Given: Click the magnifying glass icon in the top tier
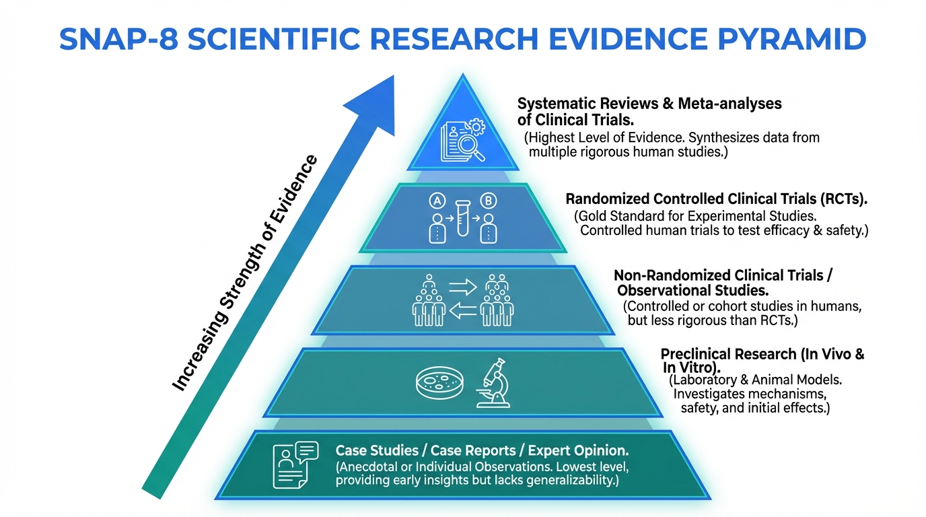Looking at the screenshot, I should pos(473,147).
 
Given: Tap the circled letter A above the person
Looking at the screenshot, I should pos(438,200).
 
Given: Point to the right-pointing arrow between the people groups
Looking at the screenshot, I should pos(462,287).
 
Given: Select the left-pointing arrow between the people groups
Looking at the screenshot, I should pos(462,310).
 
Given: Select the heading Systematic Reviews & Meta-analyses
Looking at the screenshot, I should pos(649,104).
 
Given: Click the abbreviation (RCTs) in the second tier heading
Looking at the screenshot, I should pos(837,199).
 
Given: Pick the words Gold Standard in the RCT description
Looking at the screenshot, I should pos(616,217).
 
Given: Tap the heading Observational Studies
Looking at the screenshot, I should pos(693,291).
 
